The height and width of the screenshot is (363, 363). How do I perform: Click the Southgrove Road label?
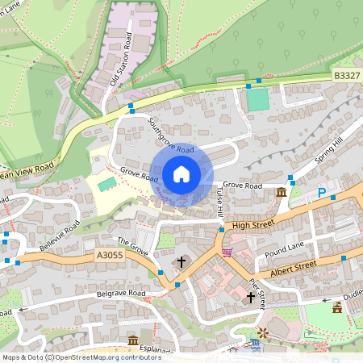[171, 135]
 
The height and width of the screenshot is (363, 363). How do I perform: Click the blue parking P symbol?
[322, 194]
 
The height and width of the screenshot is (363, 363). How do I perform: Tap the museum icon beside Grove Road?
[280, 193]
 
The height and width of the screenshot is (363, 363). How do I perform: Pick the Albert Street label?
[294, 265]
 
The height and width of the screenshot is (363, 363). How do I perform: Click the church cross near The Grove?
[181, 261]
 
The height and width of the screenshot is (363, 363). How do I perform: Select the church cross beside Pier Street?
[250, 298]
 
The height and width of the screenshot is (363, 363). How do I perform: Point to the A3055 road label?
[110, 254]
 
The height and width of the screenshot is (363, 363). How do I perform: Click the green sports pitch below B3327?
[257, 100]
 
